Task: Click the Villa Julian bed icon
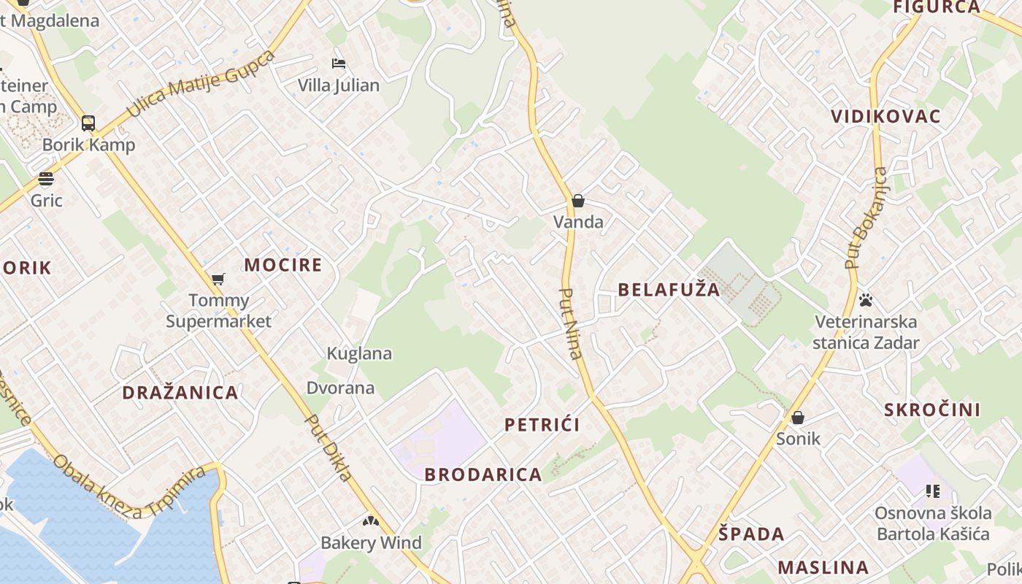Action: (339, 64)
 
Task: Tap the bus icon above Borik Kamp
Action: (88, 123)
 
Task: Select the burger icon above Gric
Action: (46, 179)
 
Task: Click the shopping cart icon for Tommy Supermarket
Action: (218, 279)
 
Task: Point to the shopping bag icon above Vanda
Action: (578, 201)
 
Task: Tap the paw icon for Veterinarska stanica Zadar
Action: (866, 300)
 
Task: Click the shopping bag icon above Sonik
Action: (798, 418)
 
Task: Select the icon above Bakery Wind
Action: (371, 521)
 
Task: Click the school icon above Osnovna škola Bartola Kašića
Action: (932, 491)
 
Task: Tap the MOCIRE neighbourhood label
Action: (283, 265)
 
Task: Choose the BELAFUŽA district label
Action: (669, 290)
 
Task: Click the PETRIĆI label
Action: (542, 425)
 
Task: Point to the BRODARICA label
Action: (483, 474)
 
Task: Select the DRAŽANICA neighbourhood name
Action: (180, 393)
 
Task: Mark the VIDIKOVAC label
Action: (885, 117)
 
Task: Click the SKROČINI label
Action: (932, 410)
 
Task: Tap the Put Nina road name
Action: (570, 323)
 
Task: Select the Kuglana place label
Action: (359, 353)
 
